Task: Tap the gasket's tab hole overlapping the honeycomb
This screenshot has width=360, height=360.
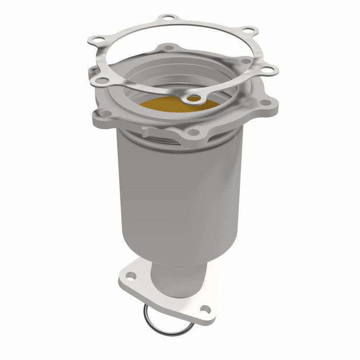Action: click(194, 98)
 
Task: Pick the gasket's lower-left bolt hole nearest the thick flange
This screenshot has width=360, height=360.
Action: click(103, 81)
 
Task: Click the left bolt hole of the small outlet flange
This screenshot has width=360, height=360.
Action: click(128, 273)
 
